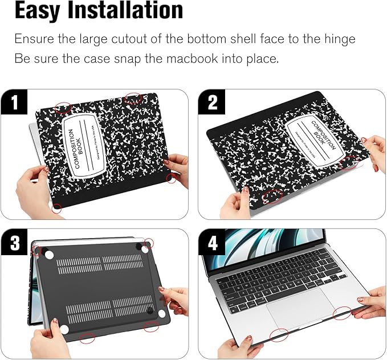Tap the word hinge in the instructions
(x=336, y=39)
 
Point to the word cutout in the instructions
(x=139, y=39)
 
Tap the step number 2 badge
(x=212, y=103)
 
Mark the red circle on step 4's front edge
(x=279, y=334)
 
